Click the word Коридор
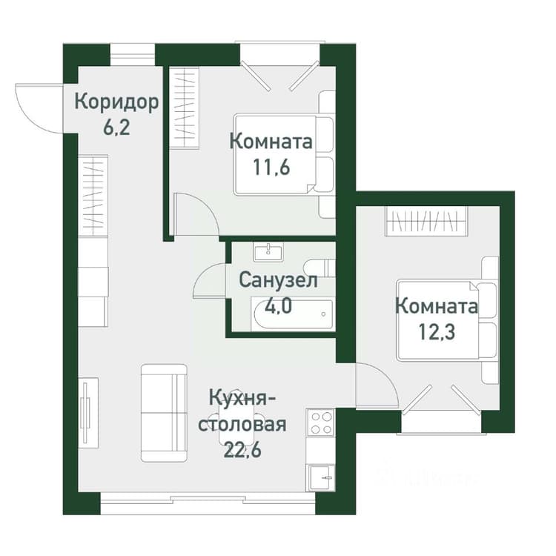coord(116,103)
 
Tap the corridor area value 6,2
coord(116,128)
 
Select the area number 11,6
coord(271,167)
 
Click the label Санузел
coord(278,280)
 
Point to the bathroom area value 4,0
coord(278,305)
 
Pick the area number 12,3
coord(437,332)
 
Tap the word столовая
coord(242,424)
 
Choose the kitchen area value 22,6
coord(242,450)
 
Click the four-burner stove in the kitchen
coord(320,423)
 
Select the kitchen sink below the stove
coord(320,477)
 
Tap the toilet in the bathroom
coord(319,268)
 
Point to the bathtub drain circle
coord(323,314)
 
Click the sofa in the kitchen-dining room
coord(164,413)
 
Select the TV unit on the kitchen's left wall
coord(88,413)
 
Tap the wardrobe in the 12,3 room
coord(426,221)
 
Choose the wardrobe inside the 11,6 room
coord(184,107)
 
